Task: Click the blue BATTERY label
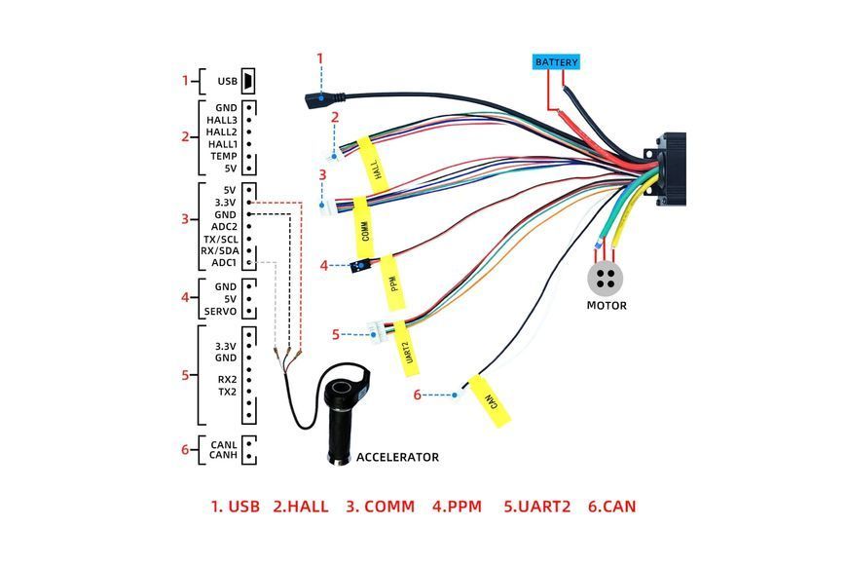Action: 556,62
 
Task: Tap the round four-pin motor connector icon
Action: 605,279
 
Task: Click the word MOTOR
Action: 607,306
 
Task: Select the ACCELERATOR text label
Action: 397,458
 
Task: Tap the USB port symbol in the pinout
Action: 248,81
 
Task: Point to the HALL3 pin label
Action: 221,120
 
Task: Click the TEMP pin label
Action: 224,156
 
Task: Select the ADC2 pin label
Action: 224,227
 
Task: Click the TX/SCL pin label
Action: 220,239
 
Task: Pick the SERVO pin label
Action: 220,312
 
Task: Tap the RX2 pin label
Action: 227,380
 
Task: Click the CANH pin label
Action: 223,455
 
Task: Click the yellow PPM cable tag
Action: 393,282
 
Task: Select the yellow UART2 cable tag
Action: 406,349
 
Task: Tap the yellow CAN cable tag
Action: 490,400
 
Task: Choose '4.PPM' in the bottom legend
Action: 457,507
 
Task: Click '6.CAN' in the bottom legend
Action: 612,507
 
